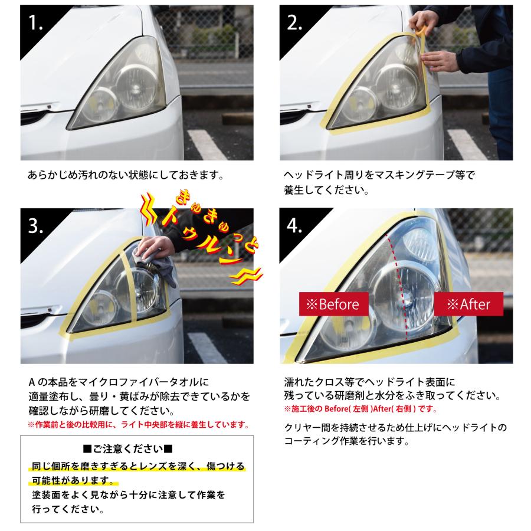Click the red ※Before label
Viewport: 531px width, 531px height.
pos(333,304)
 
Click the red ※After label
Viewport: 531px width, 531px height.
pos(468,304)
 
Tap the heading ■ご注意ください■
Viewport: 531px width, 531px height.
pos(136,448)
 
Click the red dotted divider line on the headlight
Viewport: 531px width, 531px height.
pos(401,283)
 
